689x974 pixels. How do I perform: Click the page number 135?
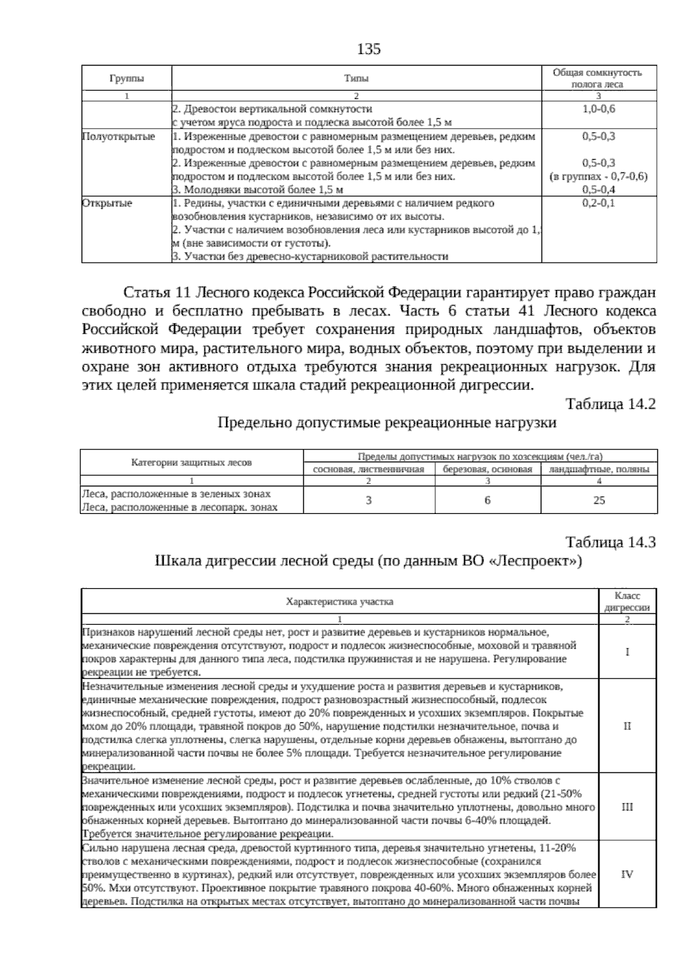click(369, 49)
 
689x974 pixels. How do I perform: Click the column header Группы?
click(127, 78)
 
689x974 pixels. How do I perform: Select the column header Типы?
click(357, 78)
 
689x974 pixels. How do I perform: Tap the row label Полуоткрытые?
click(118, 137)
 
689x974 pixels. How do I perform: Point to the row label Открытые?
click(107, 203)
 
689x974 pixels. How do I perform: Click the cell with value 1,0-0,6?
click(598, 109)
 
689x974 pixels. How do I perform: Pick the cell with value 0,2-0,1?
click(598, 203)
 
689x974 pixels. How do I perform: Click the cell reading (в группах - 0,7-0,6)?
click(598, 176)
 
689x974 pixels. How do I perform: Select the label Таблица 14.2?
click(610, 404)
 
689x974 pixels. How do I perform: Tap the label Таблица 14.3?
click(610, 542)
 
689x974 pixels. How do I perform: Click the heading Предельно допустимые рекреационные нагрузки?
click(387, 423)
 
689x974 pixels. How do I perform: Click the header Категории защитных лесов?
click(191, 462)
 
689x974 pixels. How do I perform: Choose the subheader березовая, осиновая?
click(487, 469)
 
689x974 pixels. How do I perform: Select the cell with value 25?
click(599, 500)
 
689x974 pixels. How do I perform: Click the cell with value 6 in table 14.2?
click(487, 500)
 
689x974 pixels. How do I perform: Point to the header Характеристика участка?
click(339, 602)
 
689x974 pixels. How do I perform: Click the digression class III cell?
click(627, 807)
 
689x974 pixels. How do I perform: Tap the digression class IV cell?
click(627, 874)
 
